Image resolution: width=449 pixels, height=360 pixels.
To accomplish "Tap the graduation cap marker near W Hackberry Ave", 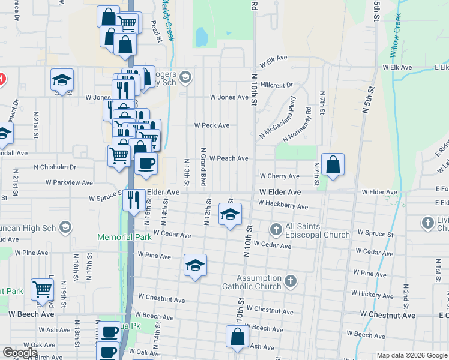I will click(x=230, y=214).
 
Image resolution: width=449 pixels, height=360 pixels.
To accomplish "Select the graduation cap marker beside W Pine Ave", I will click(x=195, y=265).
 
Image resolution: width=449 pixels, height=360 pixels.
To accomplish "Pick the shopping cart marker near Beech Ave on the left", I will click(x=43, y=289).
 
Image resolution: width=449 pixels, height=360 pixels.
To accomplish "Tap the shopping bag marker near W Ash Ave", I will click(x=237, y=336).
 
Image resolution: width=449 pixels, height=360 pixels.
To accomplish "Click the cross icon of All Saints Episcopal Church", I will click(x=276, y=229).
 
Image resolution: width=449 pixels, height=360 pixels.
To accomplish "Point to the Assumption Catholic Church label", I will click(x=259, y=282).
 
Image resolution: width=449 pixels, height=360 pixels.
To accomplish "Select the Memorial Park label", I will click(x=116, y=238).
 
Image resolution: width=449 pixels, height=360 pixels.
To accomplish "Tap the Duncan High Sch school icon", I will click(x=65, y=227).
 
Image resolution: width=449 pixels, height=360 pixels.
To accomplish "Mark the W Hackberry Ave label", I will click(x=283, y=206).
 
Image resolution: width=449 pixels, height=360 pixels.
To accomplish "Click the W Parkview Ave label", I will click(x=69, y=182).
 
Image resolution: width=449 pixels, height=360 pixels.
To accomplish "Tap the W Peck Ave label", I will click(x=211, y=125).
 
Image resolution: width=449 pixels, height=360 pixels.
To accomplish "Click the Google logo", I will click(x=21, y=353).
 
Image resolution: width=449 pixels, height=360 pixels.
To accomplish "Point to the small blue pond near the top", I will click(x=201, y=37).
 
